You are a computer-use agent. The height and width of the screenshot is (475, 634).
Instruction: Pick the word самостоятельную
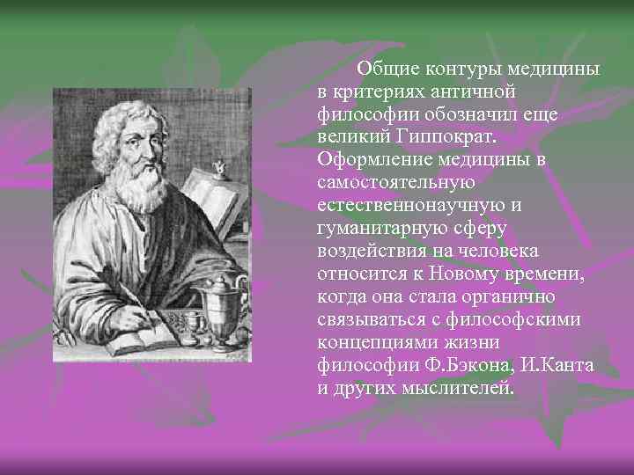click(396, 183)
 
